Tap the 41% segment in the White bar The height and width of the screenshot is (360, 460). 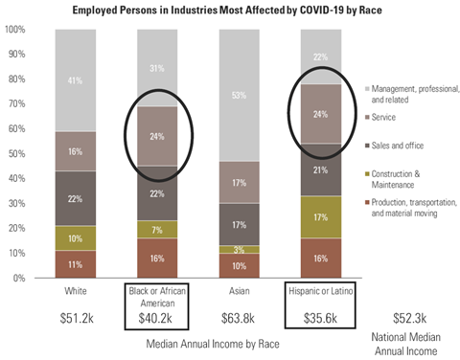click(75, 80)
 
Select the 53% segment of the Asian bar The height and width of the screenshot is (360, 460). click(241, 95)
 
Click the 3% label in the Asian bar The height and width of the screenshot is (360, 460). click(241, 249)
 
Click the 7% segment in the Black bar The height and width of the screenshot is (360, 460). click(157, 230)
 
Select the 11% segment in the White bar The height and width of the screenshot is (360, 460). click(75, 264)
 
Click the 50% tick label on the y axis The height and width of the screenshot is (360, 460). click(16, 154)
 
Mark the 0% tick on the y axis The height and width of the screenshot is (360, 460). click(18, 279)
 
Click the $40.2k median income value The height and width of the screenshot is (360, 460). click(157, 319)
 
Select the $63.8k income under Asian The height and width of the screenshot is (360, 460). click(241, 319)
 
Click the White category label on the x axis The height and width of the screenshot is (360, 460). click(75, 291)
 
